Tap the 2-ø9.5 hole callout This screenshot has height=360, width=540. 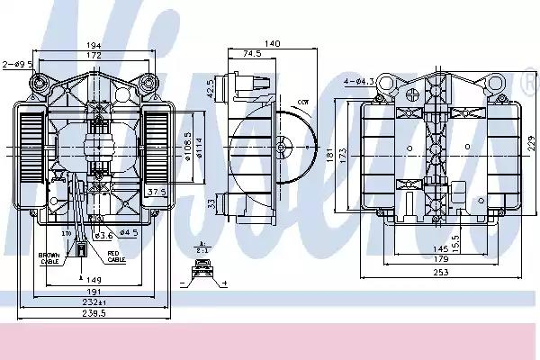click(17, 64)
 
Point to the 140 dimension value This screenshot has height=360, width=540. click(271, 43)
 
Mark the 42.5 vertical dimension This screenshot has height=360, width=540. click(210, 89)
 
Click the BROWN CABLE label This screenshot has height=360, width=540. click(49, 258)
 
